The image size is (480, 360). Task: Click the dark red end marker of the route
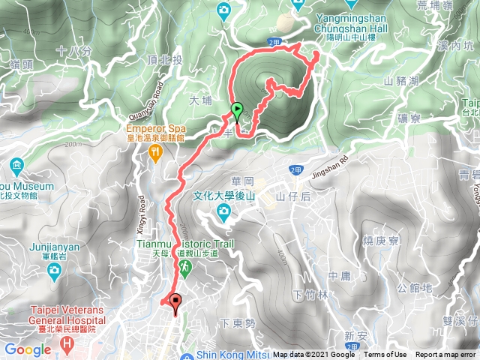[177, 303]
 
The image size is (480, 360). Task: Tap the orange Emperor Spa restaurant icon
[155, 154]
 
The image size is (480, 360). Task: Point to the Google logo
[27, 349]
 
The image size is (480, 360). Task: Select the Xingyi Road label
[139, 213]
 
